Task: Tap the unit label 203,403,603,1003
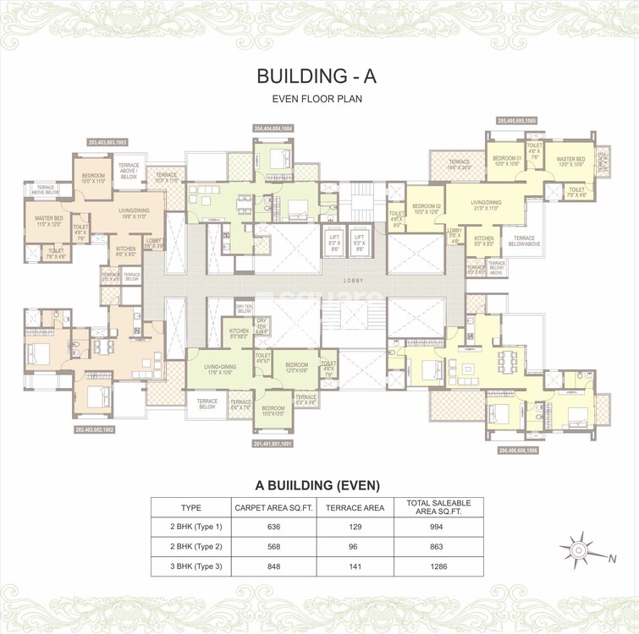coord(107,142)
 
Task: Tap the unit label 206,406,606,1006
coord(517,450)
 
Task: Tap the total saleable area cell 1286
coord(438,566)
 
